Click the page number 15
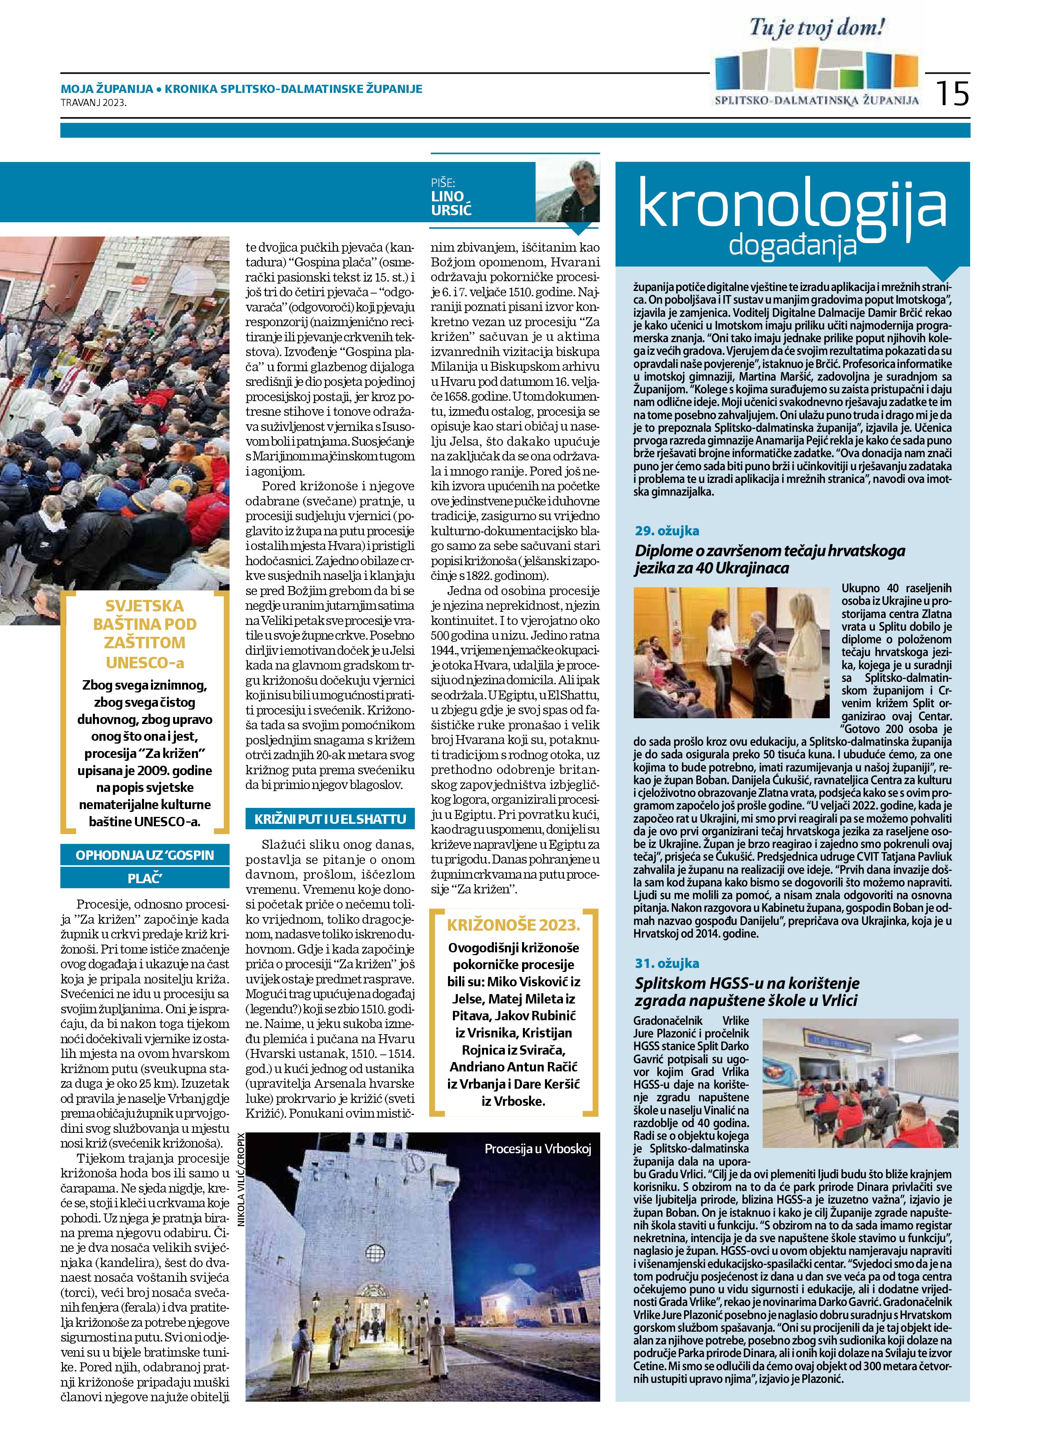click(952, 93)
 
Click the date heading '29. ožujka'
click(666, 531)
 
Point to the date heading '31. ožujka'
click(666, 963)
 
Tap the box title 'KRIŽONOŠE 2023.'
click(513, 925)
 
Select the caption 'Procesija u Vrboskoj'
click(538, 1149)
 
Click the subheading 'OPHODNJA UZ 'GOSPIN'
click(144, 855)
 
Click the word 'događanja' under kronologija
click(793, 246)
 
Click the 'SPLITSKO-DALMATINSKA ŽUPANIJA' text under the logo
click(816, 100)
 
